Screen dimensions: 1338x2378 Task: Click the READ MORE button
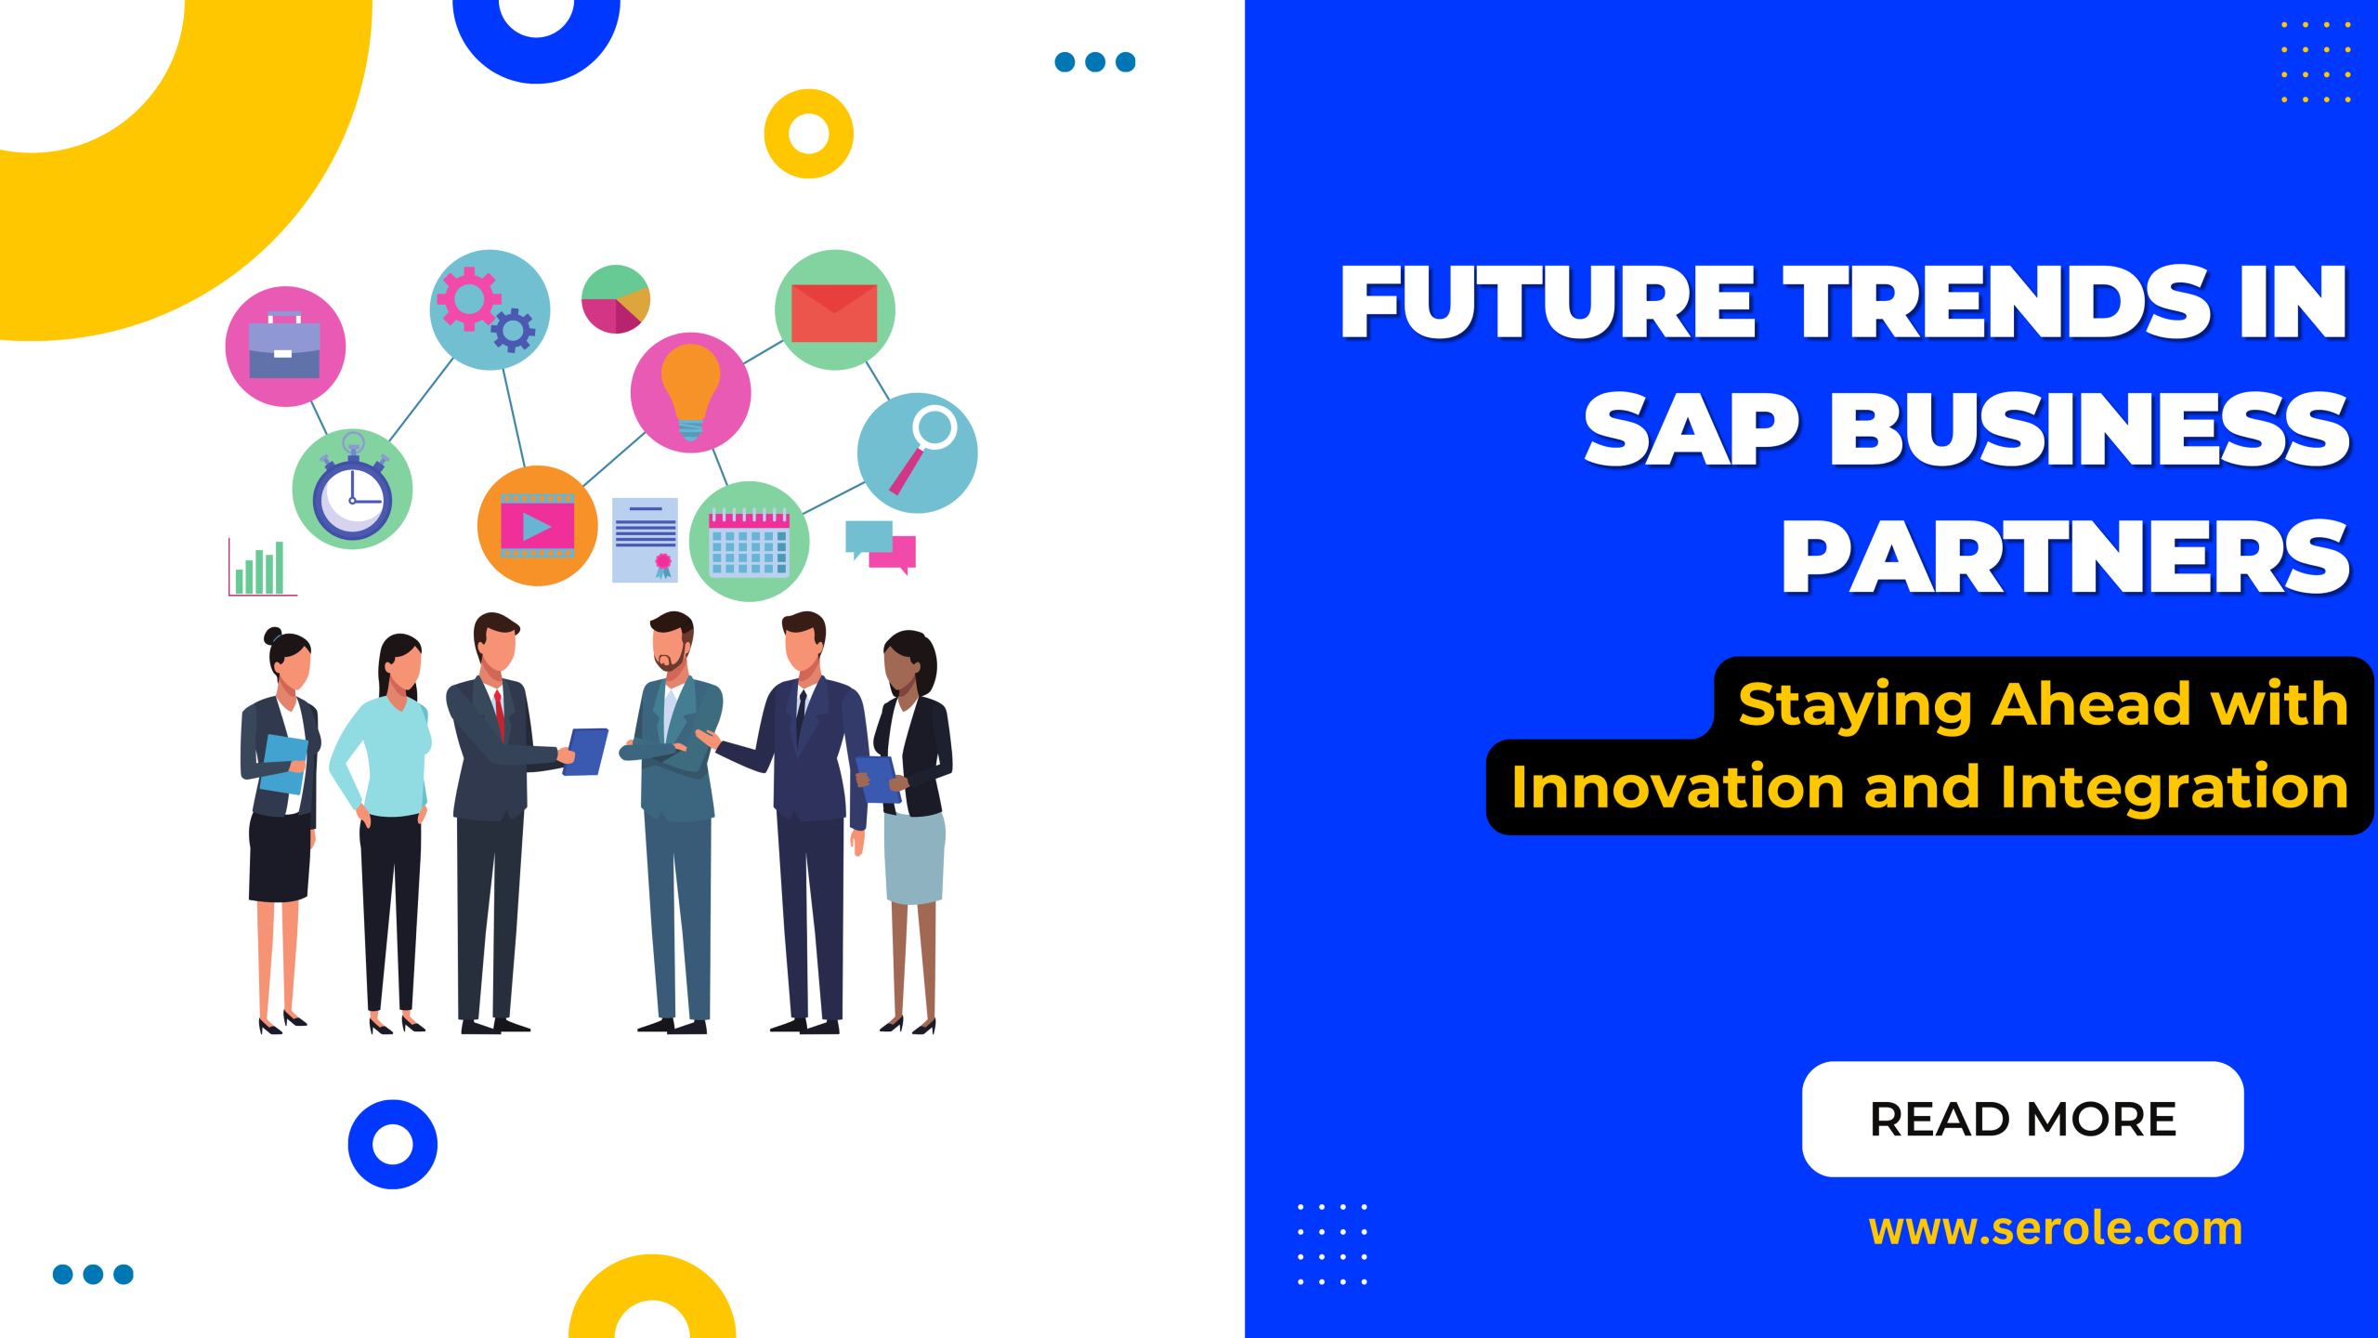point(2022,1119)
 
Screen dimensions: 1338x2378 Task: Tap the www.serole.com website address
point(2055,1228)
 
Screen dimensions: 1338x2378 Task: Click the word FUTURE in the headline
point(1548,302)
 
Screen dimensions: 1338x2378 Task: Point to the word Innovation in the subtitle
point(1677,788)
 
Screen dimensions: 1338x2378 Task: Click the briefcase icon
point(285,347)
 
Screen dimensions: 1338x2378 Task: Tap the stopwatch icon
point(352,490)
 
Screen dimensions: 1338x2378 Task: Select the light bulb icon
point(690,393)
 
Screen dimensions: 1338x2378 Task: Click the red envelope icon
point(834,311)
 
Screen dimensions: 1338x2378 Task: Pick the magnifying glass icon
point(918,453)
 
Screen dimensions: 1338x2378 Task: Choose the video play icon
point(537,526)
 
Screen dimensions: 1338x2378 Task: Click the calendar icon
point(749,542)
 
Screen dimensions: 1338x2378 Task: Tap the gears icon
point(489,309)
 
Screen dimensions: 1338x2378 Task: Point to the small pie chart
point(615,299)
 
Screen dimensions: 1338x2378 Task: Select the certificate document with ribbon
point(645,540)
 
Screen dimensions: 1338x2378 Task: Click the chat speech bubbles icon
point(880,545)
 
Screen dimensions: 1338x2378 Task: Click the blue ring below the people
point(393,1144)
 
